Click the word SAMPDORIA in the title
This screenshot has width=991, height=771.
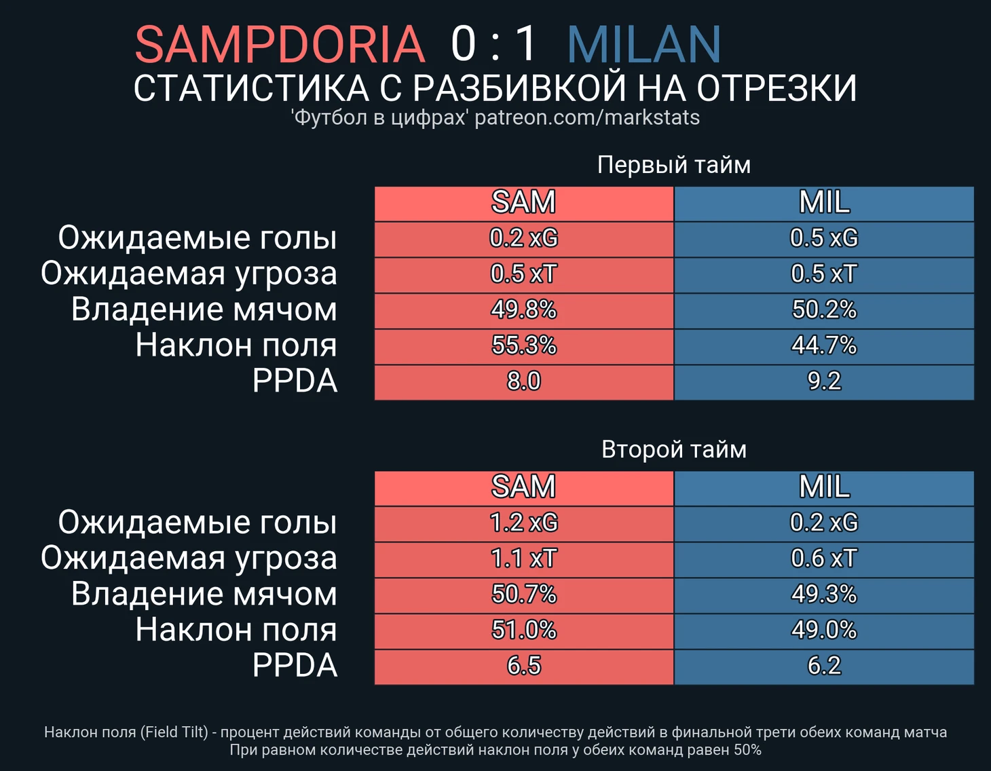280,44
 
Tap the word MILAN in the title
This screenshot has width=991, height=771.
643,44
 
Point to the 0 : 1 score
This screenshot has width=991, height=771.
494,44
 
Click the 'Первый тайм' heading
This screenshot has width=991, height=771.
674,165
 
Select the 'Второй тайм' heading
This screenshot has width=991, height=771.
674,449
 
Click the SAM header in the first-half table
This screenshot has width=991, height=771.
523,202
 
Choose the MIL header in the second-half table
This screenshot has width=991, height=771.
824,487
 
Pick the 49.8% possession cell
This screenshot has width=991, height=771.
523,309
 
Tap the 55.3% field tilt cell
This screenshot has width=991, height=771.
523,345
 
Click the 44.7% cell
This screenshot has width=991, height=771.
824,345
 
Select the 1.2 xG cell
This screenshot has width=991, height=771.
523,523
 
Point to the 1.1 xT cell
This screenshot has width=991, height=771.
523,559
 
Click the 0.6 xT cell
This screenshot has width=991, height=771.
824,559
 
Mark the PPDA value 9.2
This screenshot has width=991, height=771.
824,381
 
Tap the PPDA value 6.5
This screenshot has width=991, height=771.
523,666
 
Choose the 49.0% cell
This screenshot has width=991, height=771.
824,630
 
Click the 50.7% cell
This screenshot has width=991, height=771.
523,595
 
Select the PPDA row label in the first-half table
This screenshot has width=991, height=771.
295,381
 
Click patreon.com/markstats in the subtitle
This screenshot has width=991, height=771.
586,118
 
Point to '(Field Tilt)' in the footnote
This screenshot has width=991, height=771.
174,732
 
